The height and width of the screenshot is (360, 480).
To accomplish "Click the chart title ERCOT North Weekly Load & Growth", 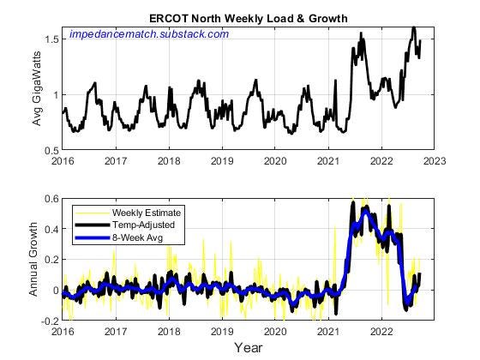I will [248, 18].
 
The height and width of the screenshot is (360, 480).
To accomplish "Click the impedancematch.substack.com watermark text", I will [149, 33].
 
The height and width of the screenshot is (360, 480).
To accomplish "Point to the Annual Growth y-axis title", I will [34, 259].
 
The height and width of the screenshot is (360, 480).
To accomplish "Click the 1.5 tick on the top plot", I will [52, 39].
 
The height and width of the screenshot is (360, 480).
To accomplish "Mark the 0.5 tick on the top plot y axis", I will [52, 151].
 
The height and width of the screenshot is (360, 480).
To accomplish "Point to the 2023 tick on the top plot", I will [433, 160].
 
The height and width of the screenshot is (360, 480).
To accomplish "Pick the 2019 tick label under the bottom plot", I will [222, 331].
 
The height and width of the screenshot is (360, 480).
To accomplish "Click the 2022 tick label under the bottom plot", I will [380, 331].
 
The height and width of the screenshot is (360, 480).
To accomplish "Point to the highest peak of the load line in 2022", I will [413, 27].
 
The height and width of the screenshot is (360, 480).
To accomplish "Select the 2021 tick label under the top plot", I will [327, 160].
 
